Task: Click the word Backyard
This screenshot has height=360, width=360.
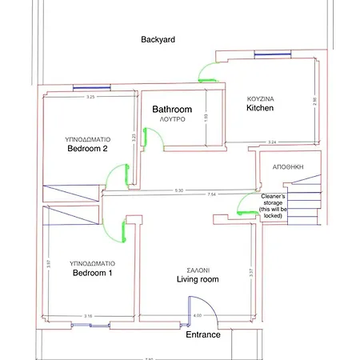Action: [158, 39]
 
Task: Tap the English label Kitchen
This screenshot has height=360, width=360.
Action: [260, 107]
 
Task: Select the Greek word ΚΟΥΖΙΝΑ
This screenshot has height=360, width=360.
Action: [260, 98]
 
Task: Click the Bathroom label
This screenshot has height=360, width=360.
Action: [172, 109]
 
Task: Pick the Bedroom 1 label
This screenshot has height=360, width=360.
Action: [93, 273]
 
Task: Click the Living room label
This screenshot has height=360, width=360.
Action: [198, 279]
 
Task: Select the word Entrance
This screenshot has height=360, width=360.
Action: [202, 334]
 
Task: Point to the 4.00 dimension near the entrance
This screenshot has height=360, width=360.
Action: [196, 317]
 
